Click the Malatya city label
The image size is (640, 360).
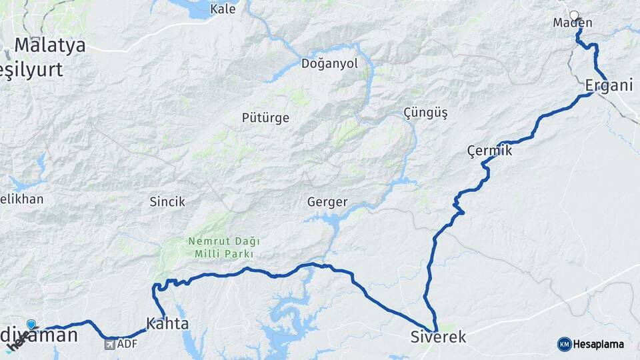pyautogui.click(x=50, y=45)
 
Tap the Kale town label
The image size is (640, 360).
pyautogui.click(x=223, y=9)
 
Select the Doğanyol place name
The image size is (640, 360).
pyautogui.click(x=329, y=64)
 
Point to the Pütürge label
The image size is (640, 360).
pyautogui.click(x=265, y=118)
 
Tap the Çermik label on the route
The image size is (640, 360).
pyautogui.click(x=489, y=151)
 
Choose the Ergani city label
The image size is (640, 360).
pyautogui.click(x=608, y=85)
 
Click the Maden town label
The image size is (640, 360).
pyautogui.click(x=572, y=23)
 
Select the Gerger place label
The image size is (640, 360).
pyautogui.click(x=327, y=201)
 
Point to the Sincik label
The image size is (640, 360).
pyautogui.click(x=167, y=201)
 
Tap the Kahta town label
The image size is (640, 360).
pyautogui.click(x=167, y=324)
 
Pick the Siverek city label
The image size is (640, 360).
pyautogui.click(x=438, y=337)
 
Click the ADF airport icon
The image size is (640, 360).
pyautogui.click(x=110, y=345)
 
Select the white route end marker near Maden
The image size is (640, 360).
pyautogui.click(x=574, y=15)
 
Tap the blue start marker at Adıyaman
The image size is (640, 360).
pyautogui.click(x=31, y=325)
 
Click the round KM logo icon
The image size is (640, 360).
pyautogui.click(x=564, y=344)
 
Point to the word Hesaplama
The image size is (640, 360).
pyautogui.click(x=598, y=344)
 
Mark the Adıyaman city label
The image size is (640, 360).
pyautogui.click(x=40, y=335)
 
